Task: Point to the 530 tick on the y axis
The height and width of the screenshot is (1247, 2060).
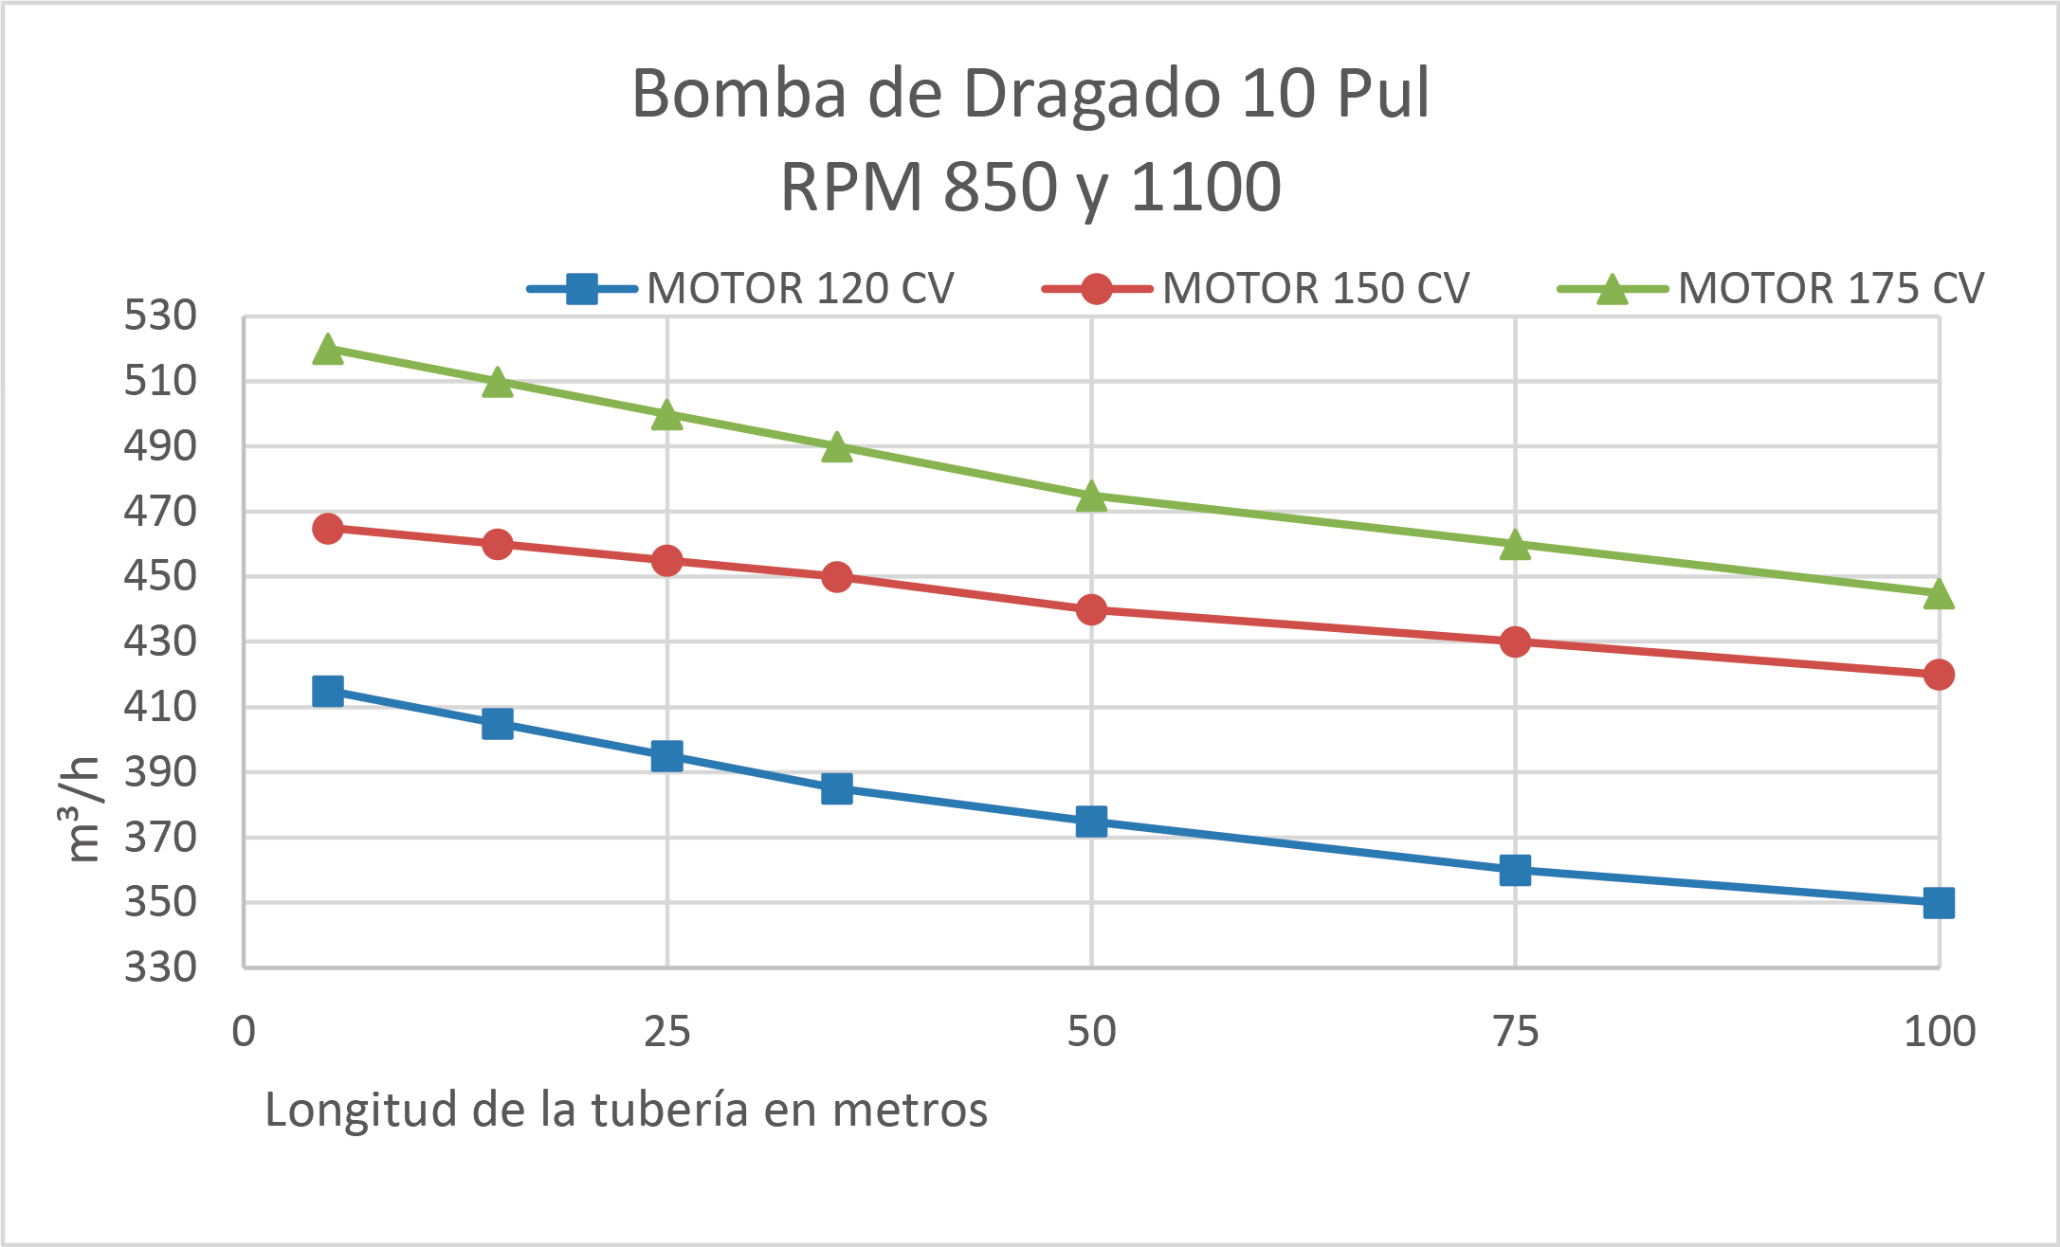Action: point(160,316)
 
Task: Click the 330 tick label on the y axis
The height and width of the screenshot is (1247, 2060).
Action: point(160,967)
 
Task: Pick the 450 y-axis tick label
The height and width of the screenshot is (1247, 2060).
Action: point(160,576)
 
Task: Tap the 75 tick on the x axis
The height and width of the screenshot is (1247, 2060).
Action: point(1515,1031)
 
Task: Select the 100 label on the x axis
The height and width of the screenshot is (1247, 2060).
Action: point(1939,1031)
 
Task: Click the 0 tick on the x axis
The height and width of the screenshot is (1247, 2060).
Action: point(244,1031)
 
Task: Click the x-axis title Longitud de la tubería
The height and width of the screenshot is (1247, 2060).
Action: point(626,1110)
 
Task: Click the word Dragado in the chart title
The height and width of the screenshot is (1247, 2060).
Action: point(1091,94)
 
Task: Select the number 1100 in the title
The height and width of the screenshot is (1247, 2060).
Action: point(1206,187)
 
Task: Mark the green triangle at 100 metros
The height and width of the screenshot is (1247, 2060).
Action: point(1939,594)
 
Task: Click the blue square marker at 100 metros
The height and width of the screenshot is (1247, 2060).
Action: point(1939,903)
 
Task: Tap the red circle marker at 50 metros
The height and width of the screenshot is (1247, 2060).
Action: point(1091,609)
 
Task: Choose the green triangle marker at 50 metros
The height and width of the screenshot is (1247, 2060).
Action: point(1091,497)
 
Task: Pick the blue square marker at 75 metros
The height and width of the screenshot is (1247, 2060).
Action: point(1515,870)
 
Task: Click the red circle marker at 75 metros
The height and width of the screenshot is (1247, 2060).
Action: point(1515,642)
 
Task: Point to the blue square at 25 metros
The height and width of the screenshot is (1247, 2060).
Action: point(667,756)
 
